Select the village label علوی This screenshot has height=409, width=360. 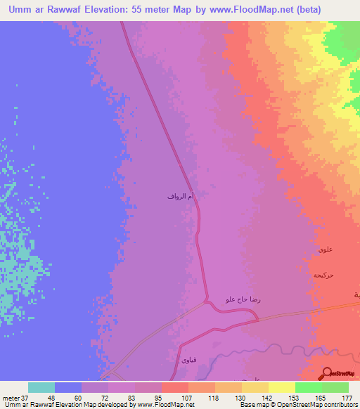[324, 249]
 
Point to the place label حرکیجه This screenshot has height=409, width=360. [323, 275]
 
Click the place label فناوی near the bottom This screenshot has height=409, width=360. [190, 360]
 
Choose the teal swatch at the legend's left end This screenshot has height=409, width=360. [41, 387]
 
